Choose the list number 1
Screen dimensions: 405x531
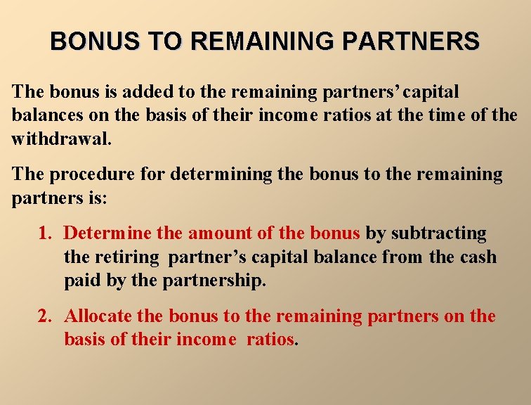coord(45,233)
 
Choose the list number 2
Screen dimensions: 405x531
coord(45,317)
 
